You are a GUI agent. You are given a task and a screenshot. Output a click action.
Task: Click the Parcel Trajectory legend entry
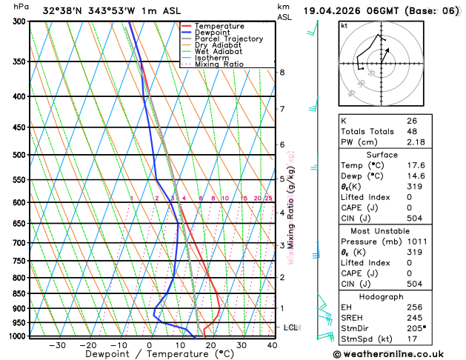click(228, 39)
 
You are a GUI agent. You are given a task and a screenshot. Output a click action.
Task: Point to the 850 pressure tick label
click(19, 293)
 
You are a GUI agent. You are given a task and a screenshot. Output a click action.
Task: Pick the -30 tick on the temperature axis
click(57, 345)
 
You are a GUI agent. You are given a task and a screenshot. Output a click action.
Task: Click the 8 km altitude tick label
click(282, 72)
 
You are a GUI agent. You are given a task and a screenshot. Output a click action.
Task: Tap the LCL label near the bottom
click(290, 327)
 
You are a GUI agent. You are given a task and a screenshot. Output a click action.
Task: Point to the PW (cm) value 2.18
click(416, 141)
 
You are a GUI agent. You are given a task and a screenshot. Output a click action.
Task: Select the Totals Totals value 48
click(412, 131)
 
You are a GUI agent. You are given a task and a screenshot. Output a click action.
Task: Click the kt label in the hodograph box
click(344, 25)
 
